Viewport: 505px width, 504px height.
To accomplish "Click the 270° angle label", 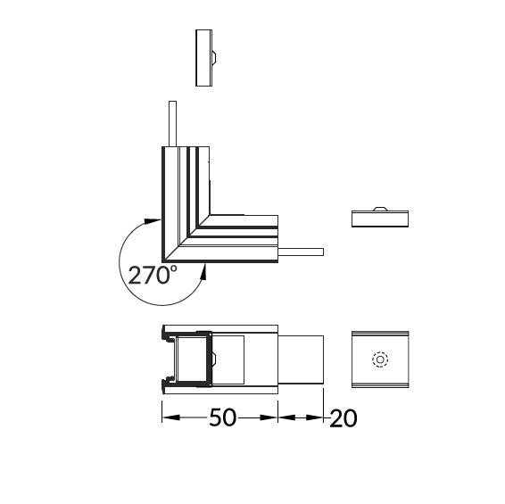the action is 153,275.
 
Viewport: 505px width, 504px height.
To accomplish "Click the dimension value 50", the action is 223,417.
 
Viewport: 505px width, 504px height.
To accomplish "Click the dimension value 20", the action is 344,418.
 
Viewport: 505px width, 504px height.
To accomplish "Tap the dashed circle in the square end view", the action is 380,359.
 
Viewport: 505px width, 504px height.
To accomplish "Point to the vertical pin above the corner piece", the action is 172,124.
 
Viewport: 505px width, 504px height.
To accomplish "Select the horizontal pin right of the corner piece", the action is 301,252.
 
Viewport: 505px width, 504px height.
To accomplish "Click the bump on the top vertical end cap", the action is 214,58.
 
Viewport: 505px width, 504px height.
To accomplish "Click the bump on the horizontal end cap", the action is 380,209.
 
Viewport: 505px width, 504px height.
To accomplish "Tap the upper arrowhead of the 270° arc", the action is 152,221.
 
